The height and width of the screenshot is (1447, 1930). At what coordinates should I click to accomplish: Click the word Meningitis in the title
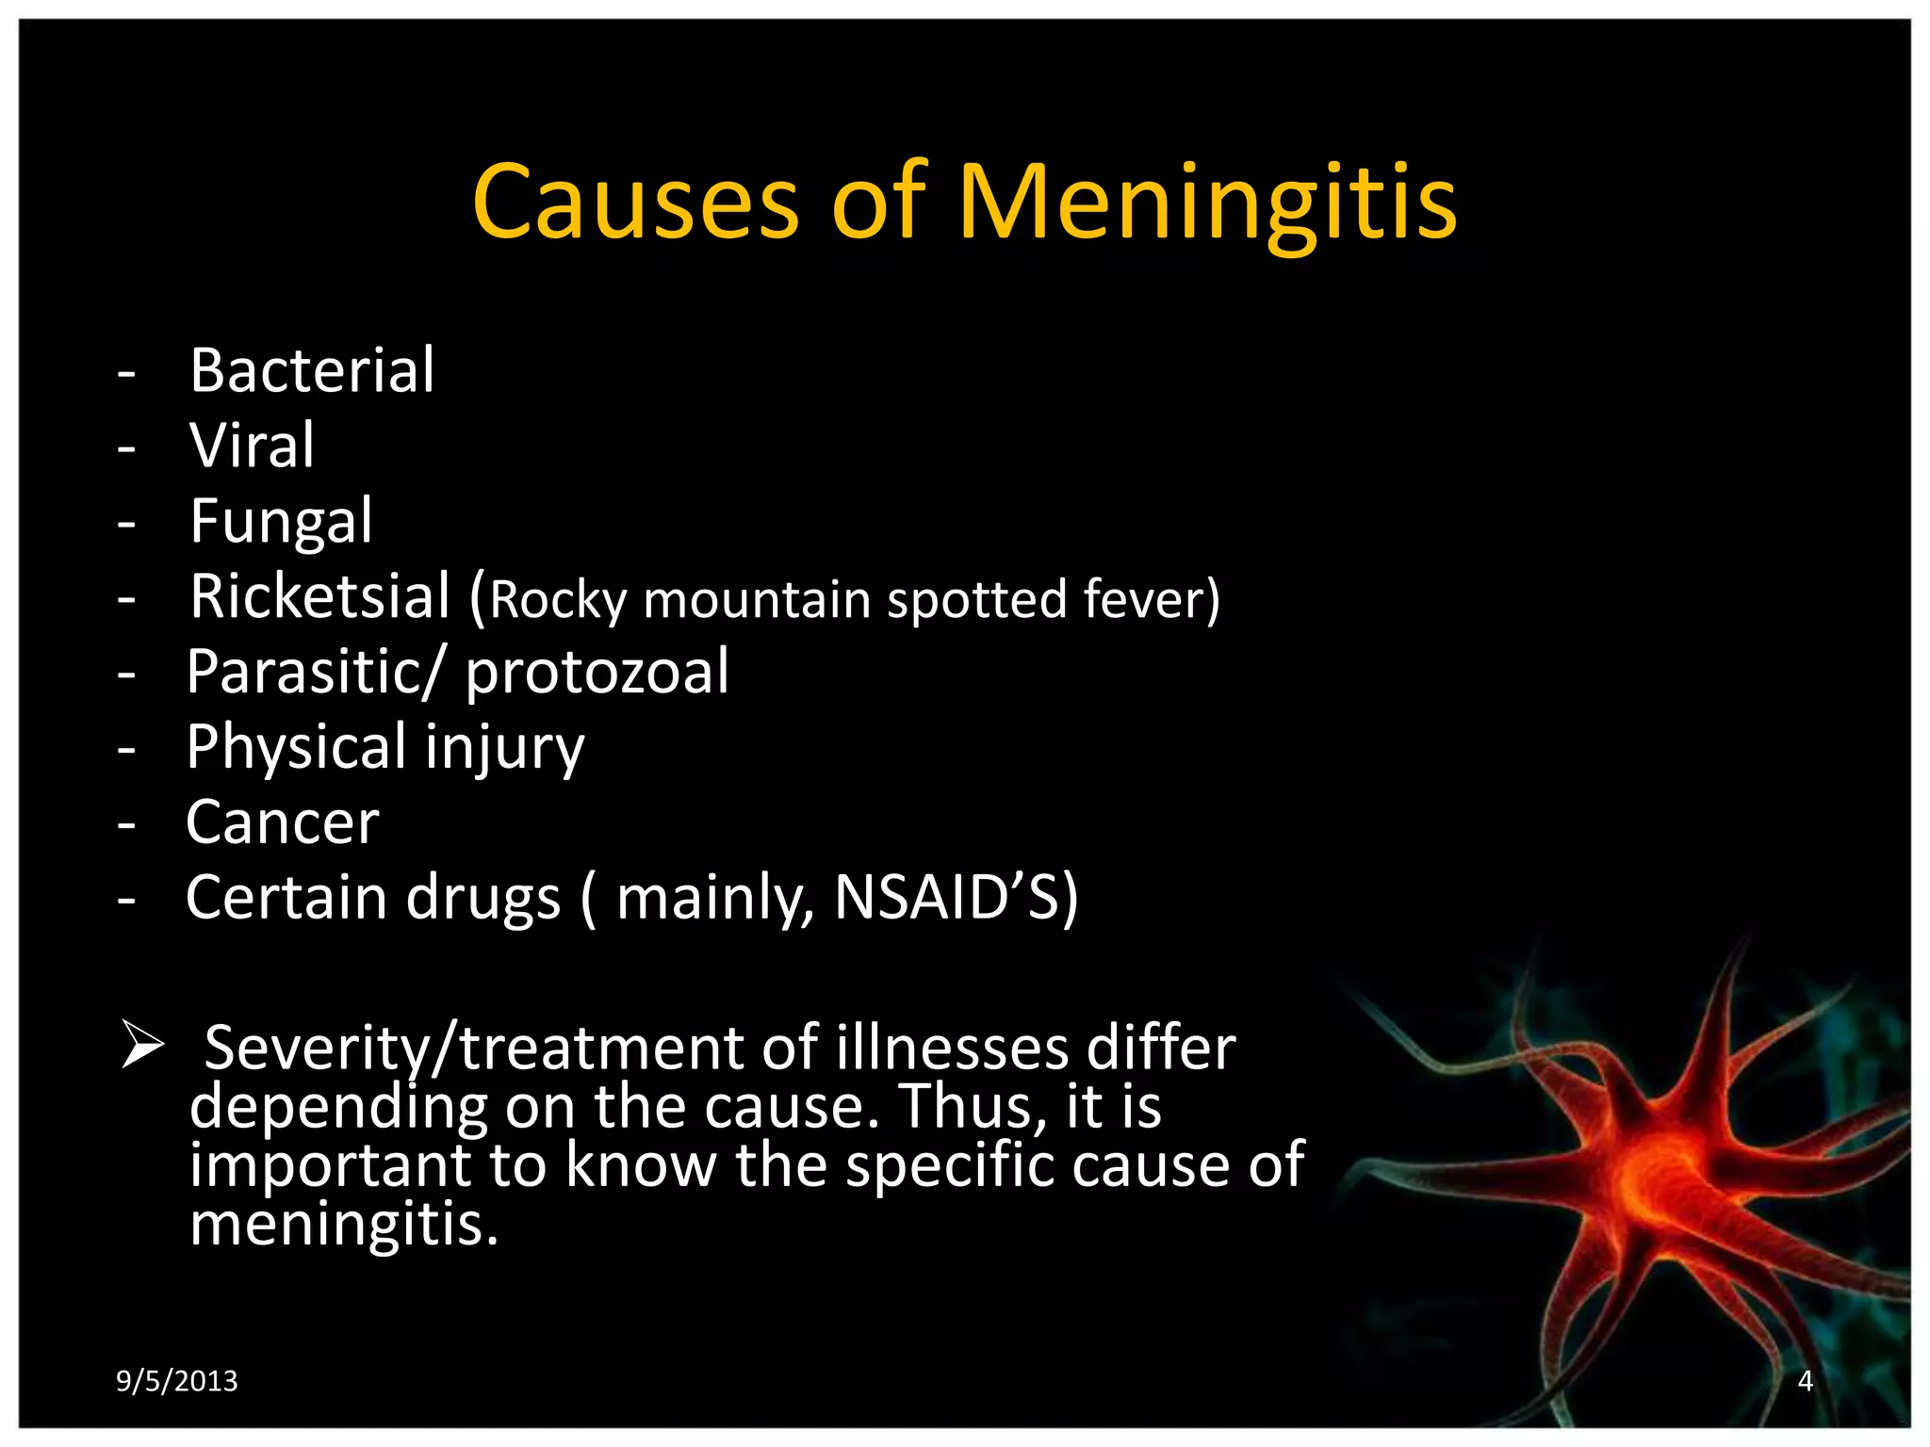(1208, 202)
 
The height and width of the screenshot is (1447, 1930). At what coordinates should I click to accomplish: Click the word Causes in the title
(636, 202)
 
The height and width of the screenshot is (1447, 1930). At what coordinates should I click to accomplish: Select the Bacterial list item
(312, 369)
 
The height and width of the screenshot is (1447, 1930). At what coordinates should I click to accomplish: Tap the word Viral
(252, 445)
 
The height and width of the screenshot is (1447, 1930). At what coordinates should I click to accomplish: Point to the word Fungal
(281, 520)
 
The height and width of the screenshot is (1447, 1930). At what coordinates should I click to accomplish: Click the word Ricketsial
(320, 595)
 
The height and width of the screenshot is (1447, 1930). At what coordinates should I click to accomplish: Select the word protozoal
(597, 671)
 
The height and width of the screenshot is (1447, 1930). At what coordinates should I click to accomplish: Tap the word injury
(504, 748)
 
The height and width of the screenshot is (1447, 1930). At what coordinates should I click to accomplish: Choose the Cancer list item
(282, 821)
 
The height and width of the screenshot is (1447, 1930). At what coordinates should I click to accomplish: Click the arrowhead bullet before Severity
(142, 1047)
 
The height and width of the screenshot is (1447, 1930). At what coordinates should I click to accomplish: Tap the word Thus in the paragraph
(973, 1106)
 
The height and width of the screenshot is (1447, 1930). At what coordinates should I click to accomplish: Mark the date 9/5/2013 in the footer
(177, 1381)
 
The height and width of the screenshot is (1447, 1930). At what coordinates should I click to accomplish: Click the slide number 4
(1805, 1381)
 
